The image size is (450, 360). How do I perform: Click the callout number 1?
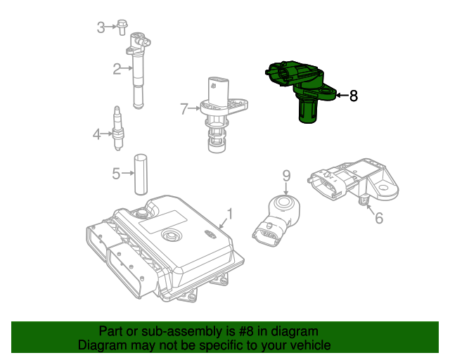(229, 213)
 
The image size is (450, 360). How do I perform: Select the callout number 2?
(117, 69)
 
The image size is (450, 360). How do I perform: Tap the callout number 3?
(101, 27)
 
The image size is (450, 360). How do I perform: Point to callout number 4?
(97, 133)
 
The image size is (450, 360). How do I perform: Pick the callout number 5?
(117, 172)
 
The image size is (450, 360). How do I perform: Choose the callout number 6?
(379, 218)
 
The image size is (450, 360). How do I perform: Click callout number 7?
(184, 109)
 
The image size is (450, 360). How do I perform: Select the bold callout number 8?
(354, 96)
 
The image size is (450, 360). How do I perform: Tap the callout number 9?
(286, 175)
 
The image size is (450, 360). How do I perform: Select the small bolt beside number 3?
(123, 27)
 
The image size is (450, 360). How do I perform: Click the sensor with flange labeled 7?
(220, 112)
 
